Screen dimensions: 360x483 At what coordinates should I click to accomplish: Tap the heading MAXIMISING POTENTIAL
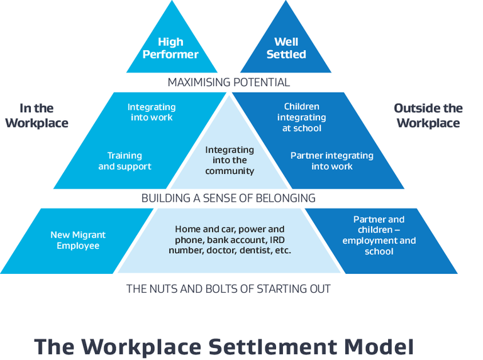click(x=228, y=82)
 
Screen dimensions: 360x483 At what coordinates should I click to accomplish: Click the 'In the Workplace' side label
click(x=36, y=116)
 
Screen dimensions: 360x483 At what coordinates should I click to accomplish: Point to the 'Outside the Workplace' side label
click(x=428, y=116)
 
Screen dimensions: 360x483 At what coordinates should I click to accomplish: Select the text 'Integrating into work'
click(x=152, y=112)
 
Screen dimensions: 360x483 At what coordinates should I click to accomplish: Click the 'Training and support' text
click(x=125, y=161)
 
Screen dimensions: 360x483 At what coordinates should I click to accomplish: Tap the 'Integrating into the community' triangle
click(x=230, y=160)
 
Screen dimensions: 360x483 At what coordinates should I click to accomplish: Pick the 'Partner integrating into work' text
click(x=332, y=161)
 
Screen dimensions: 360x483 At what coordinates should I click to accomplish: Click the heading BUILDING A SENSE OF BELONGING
click(x=228, y=198)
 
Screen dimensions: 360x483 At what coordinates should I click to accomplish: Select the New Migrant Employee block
click(x=78, y=240)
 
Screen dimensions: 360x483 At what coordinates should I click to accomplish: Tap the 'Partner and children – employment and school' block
click(x=379, y=236)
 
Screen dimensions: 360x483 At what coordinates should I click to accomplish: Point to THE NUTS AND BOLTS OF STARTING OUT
click(x=228, y=289)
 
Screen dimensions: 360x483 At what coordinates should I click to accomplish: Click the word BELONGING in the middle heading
click(x=286, y=198)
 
